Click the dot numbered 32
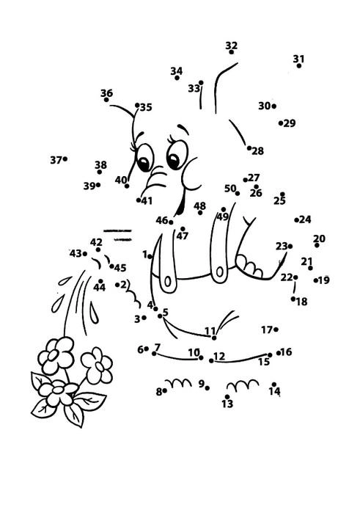pos(231,52)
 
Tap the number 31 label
pos(298,59)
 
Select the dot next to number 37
pos(65,159)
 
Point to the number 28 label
pos(257,151)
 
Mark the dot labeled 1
pos(150,257)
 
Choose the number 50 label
pos(230,189)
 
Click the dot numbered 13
pos(227,396)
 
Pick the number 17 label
pos(267,330)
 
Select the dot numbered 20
pos(317,245)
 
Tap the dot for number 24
pos(296,220)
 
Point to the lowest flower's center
pos(58,390)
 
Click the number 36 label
pos(106,93)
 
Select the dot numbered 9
pos(207,388)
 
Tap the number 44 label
pos(100,287)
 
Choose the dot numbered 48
pos(200,213)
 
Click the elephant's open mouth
pos(180,203)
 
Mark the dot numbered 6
pos(146,349)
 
